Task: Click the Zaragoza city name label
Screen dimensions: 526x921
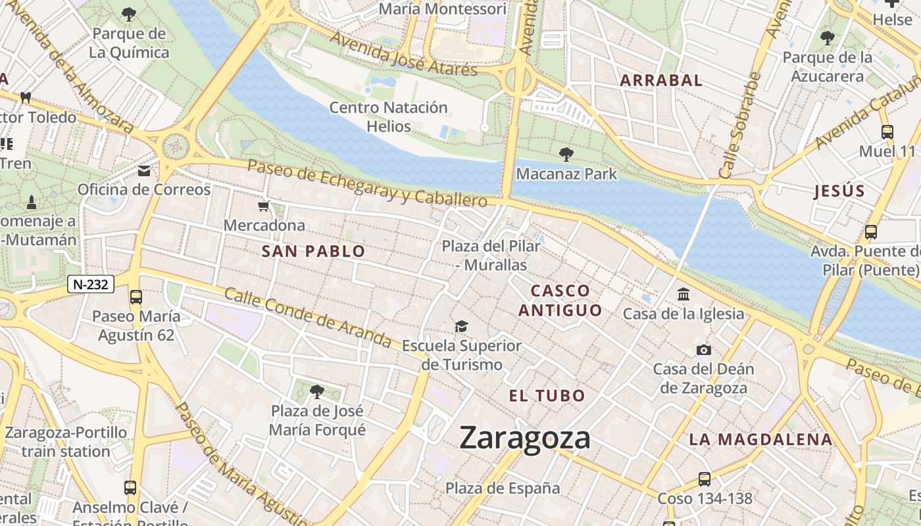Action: [x=524, y=438]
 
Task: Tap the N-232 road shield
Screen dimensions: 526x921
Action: [x=91, y=285]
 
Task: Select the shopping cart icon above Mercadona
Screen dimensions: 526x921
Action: [x=264, y=206]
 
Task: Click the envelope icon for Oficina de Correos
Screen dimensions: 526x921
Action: [x=144, y=171]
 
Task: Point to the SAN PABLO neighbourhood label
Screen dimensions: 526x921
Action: [x=313, y=251]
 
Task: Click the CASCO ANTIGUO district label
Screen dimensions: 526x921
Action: [x=560, y=300]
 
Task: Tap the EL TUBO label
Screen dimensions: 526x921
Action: [x=547, y=396]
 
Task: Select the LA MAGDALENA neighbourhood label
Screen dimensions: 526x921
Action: [x=760, y=439]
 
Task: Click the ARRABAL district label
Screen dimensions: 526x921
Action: [x=661, y=80]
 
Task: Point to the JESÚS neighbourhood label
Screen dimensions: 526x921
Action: [x=839, y=191]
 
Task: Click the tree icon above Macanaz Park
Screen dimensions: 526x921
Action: [x=566, y=155]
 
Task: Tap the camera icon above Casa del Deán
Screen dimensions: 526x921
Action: [x=704, y=350]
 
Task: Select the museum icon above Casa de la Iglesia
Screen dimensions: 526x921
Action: [x=684, y=294]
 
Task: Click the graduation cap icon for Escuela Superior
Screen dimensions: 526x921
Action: [x=461, y=326]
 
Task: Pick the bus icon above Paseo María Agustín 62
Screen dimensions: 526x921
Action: [x=136, y=297]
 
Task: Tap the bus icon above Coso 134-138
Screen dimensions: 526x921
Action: [x=704, y=479]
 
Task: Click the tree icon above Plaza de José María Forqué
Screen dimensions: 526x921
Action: [x=316, y=392]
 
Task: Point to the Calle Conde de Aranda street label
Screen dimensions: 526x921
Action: [x=308, y=317]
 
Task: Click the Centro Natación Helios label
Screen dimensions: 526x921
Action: [x=388, y=116]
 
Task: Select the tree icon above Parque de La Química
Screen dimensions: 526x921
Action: [x=130, y=14]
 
